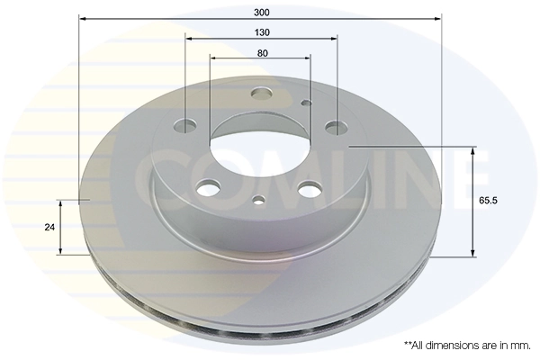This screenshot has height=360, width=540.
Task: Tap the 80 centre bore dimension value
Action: click(261, 53)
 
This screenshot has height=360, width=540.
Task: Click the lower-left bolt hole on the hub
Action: click(210, 187)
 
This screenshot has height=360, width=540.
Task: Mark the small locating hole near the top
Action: click(306, 103)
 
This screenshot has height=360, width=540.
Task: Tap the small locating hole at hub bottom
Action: click(259, 201)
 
